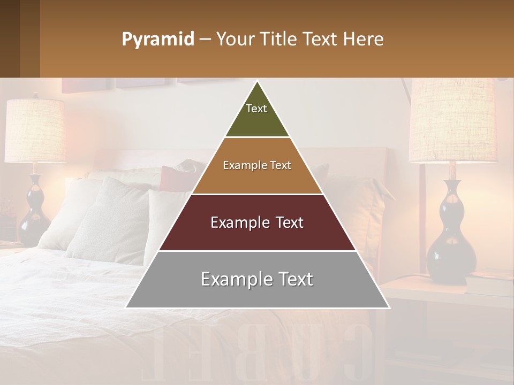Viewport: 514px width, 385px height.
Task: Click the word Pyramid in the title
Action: coord(157,39)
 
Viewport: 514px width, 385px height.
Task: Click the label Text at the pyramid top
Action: coord(256,109)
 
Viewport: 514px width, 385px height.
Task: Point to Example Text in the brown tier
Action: coord(257,165)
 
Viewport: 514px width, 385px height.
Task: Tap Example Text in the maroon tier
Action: coord(257,222)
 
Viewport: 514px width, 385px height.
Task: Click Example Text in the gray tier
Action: coord(257,279)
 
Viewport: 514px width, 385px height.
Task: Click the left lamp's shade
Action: coord(35,131)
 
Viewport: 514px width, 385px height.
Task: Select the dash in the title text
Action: coord(205,40)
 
